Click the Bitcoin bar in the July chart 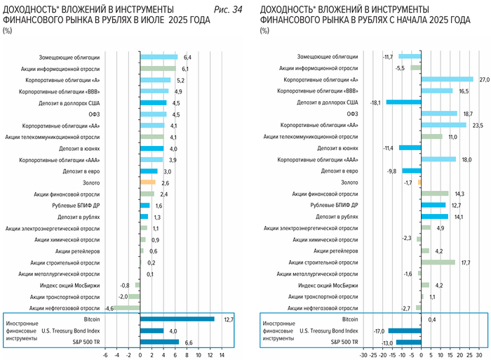click(x=177, y=319)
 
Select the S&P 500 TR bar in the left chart click(x=160, y=342)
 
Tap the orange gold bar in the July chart click(x=148, y=182)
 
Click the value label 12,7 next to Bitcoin click(x=227, y=319)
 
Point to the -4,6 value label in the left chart click(x=109, y=308)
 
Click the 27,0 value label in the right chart click(x=483, y=79)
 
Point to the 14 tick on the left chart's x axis click(x=222, y=355)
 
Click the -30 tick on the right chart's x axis click(x=363, y=355)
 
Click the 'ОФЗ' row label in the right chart click(x=352, y=114)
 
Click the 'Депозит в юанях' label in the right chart click(x=338, y=148)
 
